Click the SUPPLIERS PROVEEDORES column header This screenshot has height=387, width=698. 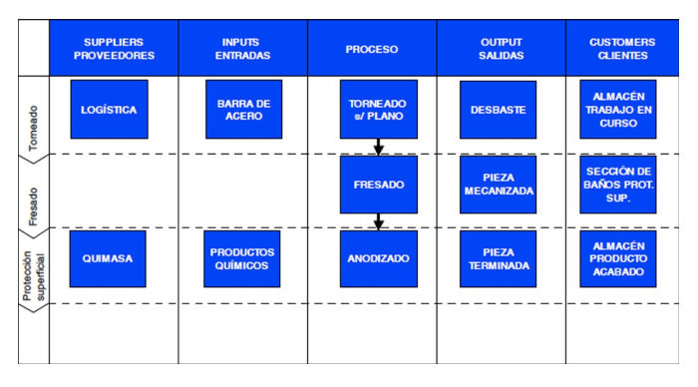(114, 48)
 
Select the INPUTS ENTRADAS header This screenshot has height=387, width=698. (242, 48)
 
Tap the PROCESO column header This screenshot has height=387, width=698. (371, 48)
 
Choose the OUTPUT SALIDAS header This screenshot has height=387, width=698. (501, 48)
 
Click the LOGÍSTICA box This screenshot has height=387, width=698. (109, 110)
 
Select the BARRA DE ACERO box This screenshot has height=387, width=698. (243, 110)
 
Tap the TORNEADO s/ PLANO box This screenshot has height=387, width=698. (378, 110)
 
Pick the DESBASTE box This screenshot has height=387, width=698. (499, 110)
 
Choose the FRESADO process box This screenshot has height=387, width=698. (378, 185)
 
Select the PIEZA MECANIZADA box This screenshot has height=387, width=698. (499, 185)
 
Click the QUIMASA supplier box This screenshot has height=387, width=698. (109, 258)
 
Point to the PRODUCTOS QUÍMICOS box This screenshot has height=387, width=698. (243, 258)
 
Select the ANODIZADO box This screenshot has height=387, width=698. (378, 258)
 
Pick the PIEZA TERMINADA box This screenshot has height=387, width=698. (499, 258)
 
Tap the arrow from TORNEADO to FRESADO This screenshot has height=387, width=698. (378, 147)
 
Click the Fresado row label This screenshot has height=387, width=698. (34, 191)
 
